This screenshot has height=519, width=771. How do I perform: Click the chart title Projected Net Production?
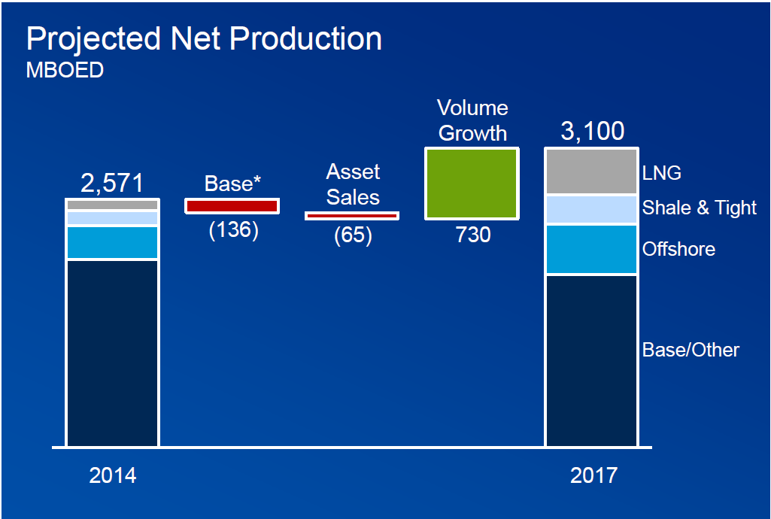pyautogui.click(x=204, y=39)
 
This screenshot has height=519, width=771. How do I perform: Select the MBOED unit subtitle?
pyautogui.click(x=65, y=71)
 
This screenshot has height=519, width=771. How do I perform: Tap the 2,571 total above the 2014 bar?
pyautogui.click(x=112, y=183)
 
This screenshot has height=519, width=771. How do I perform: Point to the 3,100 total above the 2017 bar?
pyautogui.click(x=593, y=132)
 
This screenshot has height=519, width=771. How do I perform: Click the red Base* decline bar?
pyautogui.click(x=232, y=205)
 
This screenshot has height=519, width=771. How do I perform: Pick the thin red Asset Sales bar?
pyautogui.click(x=352, y=216)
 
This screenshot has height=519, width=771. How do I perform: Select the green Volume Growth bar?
pyautogui.click(x=472, y=184)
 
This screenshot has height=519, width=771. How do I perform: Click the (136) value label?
pyautogui.click(x=233, y=229)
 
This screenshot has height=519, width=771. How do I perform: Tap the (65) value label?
pyautogui.click(x=353, y=235)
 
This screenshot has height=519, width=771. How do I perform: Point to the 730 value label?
pyautogui.click(x=473, y=235)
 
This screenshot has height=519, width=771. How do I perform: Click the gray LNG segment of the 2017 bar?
pyautogui.click(x=591, y=171)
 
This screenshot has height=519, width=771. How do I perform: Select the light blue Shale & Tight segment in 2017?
pyautogui.click(x=591, y=210)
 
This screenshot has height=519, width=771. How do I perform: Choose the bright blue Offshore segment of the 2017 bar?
pyautogui.click(x=591, y=249)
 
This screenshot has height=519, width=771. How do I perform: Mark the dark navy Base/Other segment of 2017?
pyautogui.click(x=591, y=360)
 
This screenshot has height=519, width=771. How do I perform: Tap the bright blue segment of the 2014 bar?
pyautogui.click(x=112, y=242)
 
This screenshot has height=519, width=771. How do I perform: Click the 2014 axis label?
pyautogui.click(x=113, y=475)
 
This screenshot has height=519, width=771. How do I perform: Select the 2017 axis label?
pyautogui.click(x=593, y=475)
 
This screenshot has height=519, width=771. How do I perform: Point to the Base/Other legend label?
pyautogui.click(x=691, y=350)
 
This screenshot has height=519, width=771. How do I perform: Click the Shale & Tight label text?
pyautogui.click(x=699, y=208)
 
